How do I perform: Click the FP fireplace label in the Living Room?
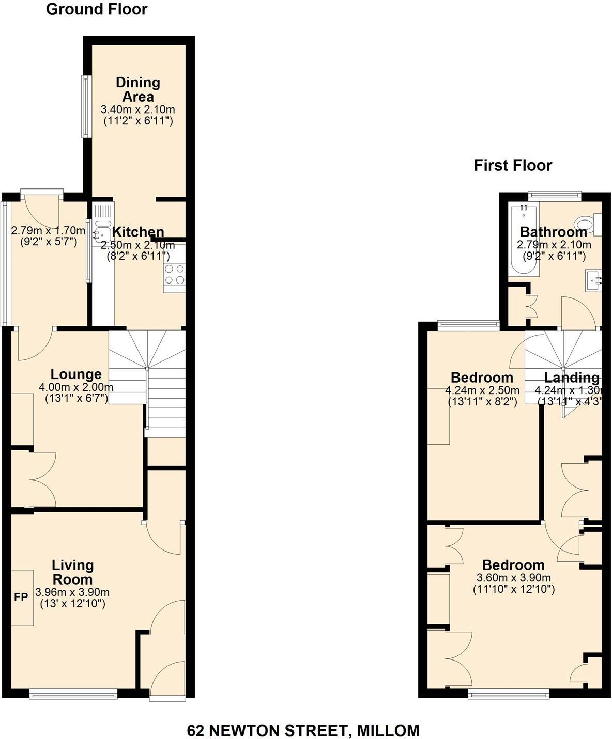point(21,598)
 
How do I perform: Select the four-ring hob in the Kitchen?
point(174,274)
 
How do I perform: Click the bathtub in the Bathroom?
point(523,240)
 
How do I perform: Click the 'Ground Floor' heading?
point(97,9)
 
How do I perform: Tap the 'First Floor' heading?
point(513,165)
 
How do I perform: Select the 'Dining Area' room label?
point(138,89)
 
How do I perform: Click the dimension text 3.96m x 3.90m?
point(72,592)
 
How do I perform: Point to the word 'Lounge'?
point(76,374)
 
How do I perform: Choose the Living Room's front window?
point(74,695)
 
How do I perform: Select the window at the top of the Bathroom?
point(555,195)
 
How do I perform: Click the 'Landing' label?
point(572,378)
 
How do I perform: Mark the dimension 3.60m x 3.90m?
point(514,578)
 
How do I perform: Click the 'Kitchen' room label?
point(138,232)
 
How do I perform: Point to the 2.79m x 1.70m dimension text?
point(48,230)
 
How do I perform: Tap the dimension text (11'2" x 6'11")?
point(137,121)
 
